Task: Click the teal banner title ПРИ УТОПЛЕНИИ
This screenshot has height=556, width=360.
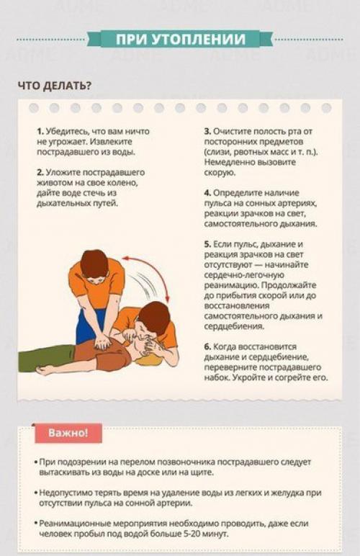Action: [x=180, y=39]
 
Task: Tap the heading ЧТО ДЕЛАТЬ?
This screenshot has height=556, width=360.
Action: [x=55, y=86]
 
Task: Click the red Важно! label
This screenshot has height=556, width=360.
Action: [x=68, y=433]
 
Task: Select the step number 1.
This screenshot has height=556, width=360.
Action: [x=39, y=132]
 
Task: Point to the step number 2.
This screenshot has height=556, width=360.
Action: [x=39, y=173]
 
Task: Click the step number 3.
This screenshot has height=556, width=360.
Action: [x=206, y=132]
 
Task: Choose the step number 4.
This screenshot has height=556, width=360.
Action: [x=206, y=194]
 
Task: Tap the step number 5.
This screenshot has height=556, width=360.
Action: [x=206, y=245]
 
